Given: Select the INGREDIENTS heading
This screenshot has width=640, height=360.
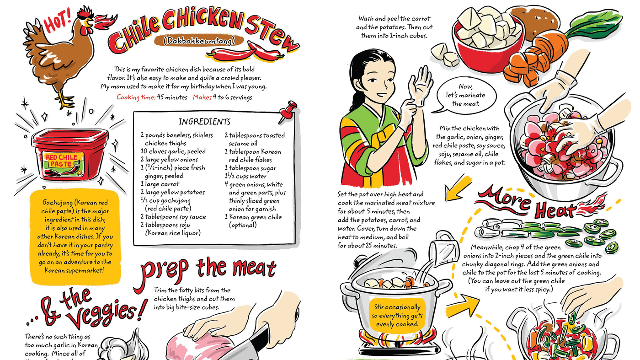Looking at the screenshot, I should (204, 122).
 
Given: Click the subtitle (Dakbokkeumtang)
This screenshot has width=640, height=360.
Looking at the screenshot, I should (205, 41).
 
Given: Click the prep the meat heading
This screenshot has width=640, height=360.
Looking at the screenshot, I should (208, 269).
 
